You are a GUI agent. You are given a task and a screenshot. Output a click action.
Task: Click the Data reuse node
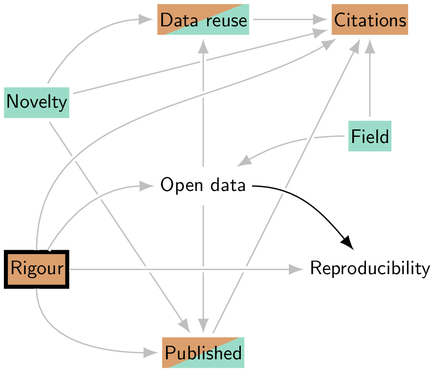click(203, 20)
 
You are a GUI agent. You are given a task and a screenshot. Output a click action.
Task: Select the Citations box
click(370, 20)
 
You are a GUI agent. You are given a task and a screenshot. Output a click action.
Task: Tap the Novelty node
click(37, 102)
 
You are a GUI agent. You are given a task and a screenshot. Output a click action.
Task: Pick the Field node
click(370, 136)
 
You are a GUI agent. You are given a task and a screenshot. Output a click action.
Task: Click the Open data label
click(203, 185)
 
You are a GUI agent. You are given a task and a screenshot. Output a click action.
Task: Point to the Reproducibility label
click(370, 269)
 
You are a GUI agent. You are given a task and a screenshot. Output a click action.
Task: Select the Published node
click(203, 353)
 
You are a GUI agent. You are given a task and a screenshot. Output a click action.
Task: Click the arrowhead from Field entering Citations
click(370, 45)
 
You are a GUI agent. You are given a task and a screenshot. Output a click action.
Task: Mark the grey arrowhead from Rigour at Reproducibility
click(295, 269)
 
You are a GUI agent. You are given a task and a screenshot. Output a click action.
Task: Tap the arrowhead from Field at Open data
click(244, 161)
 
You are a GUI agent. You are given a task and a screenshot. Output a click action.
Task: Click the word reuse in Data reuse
click(226, 20)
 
